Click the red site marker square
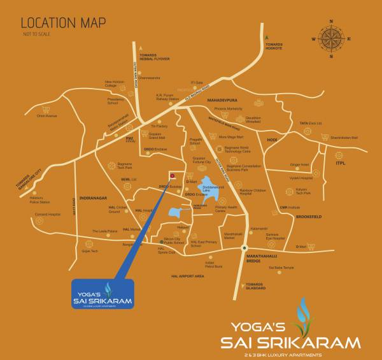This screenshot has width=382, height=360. [x=171, y=175]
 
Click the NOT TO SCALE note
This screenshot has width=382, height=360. [x=36, y=34]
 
